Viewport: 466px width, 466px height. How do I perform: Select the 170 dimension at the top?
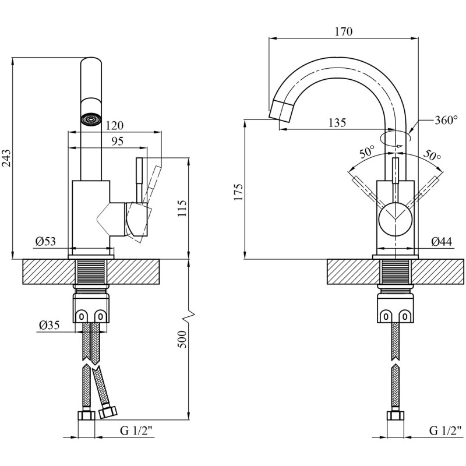coord(344,31)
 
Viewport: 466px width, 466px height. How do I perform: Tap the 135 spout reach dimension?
coord(337,122)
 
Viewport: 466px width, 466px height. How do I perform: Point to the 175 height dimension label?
coord(239,192)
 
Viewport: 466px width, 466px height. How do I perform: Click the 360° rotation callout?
coord(446,120)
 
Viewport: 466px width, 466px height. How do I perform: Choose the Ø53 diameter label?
coord(46,241)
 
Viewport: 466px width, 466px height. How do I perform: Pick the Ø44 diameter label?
coord(442,242)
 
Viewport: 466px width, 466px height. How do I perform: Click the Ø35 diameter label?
coord(50,325)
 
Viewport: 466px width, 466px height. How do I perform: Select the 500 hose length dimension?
coord(182,339)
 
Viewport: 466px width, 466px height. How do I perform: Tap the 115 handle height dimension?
coord(182,209)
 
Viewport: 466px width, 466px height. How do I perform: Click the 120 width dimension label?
coord(114,126)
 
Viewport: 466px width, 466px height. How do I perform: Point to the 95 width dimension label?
coord(118,141)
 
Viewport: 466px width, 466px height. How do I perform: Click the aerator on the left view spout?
coord(91,119)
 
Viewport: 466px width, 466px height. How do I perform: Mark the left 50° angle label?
coord(368,152)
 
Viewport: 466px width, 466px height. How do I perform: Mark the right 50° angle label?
coord(432,154)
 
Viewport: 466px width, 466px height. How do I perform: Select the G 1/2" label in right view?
coord(446,430)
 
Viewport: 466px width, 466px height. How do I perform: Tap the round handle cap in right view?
coord(396,218)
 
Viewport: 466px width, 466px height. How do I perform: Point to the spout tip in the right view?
coord(280,111)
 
